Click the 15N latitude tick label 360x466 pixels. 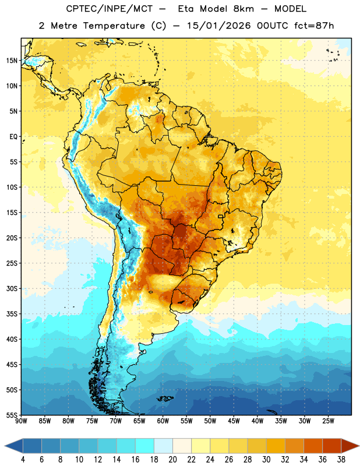[12, 61]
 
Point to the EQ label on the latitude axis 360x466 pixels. [13, 137]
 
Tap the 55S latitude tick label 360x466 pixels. [12, 415]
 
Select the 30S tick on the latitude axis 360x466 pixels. [12, 288]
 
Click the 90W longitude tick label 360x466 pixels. [21, 421]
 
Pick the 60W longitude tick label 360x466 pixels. [163, 421]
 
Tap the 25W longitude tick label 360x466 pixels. [328, 421]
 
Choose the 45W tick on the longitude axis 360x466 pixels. [234, 421]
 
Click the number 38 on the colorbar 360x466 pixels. [341, 460]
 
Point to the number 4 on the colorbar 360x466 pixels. [23, 460]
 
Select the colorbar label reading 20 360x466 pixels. [172, 460]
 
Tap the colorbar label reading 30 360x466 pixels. [266, 460]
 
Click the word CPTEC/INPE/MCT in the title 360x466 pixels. [110, 9]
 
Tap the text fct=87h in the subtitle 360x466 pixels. [314, 26]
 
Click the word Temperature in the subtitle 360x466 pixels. [114, 26]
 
